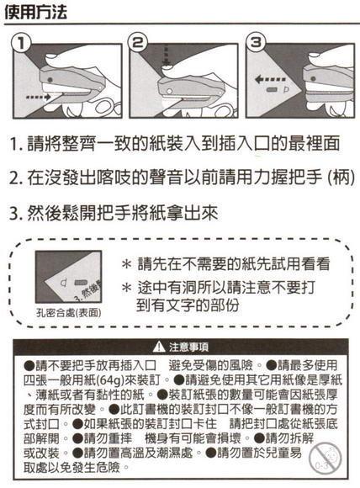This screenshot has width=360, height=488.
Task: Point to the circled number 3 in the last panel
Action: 256,43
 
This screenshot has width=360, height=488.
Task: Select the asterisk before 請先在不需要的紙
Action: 125,263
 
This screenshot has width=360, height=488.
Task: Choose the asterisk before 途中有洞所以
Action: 125,287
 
